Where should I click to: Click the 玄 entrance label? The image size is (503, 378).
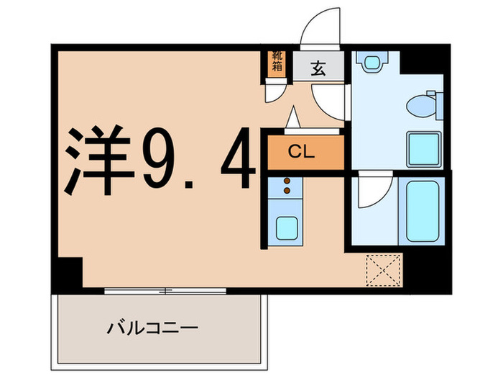click(x=317, y=68)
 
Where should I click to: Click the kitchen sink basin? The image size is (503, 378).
click(x=287, y=229)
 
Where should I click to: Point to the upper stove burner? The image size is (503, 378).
click(x=287, y=181)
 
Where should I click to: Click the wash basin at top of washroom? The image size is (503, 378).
click(x=372, y=63)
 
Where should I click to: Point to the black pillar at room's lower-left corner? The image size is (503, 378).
click(x=68, y=272)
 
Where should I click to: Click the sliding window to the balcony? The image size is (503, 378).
click(x=165, y=291)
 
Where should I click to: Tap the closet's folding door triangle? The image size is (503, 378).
click(x=294, y=119)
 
